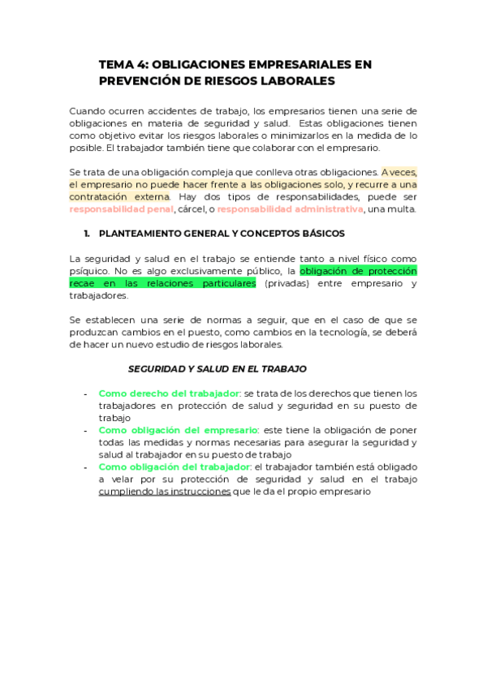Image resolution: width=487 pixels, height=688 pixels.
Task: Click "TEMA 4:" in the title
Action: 122,64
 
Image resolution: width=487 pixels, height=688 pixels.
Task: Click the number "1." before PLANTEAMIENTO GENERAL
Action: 86,234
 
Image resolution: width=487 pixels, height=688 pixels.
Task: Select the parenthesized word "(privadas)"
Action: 292,283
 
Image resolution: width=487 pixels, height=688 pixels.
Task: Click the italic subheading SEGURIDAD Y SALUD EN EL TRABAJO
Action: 218,368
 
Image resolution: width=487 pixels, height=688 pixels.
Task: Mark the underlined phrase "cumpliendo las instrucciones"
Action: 164,492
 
